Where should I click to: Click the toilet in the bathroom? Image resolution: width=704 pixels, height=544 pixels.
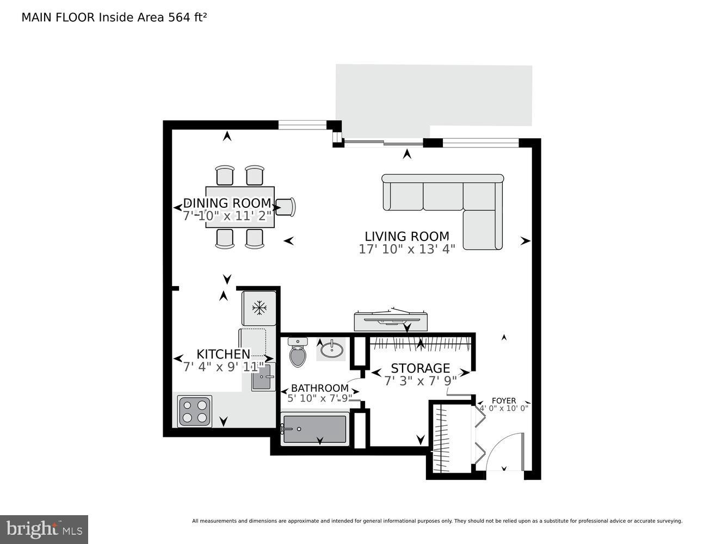coord(297,354)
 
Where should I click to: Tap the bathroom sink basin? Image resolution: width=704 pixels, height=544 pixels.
coord(331,349)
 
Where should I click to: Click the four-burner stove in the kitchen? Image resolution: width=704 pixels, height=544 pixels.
coord(195,411)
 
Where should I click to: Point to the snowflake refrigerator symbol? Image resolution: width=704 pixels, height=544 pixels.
coord(260,308)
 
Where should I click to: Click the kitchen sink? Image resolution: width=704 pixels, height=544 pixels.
coord(263,377)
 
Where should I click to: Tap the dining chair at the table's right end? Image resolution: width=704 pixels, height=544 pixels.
coord(286,207)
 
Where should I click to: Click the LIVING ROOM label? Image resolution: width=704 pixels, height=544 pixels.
coord(406,237)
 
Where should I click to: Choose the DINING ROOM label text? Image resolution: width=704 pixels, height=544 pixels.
coord(227,203)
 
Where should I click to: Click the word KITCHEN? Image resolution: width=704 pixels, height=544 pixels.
coord(223,354)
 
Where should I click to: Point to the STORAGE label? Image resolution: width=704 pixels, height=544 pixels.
coord(420,368)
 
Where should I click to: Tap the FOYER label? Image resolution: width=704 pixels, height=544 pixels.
coord(503,400)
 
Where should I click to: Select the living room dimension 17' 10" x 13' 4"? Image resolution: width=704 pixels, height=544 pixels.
coord(406,250)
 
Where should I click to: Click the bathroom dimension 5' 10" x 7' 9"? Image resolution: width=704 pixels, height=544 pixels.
coord(319,398)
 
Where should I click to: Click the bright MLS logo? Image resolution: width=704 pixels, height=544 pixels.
coord(44,529)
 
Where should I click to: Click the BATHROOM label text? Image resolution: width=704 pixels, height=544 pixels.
coord(319,388)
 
